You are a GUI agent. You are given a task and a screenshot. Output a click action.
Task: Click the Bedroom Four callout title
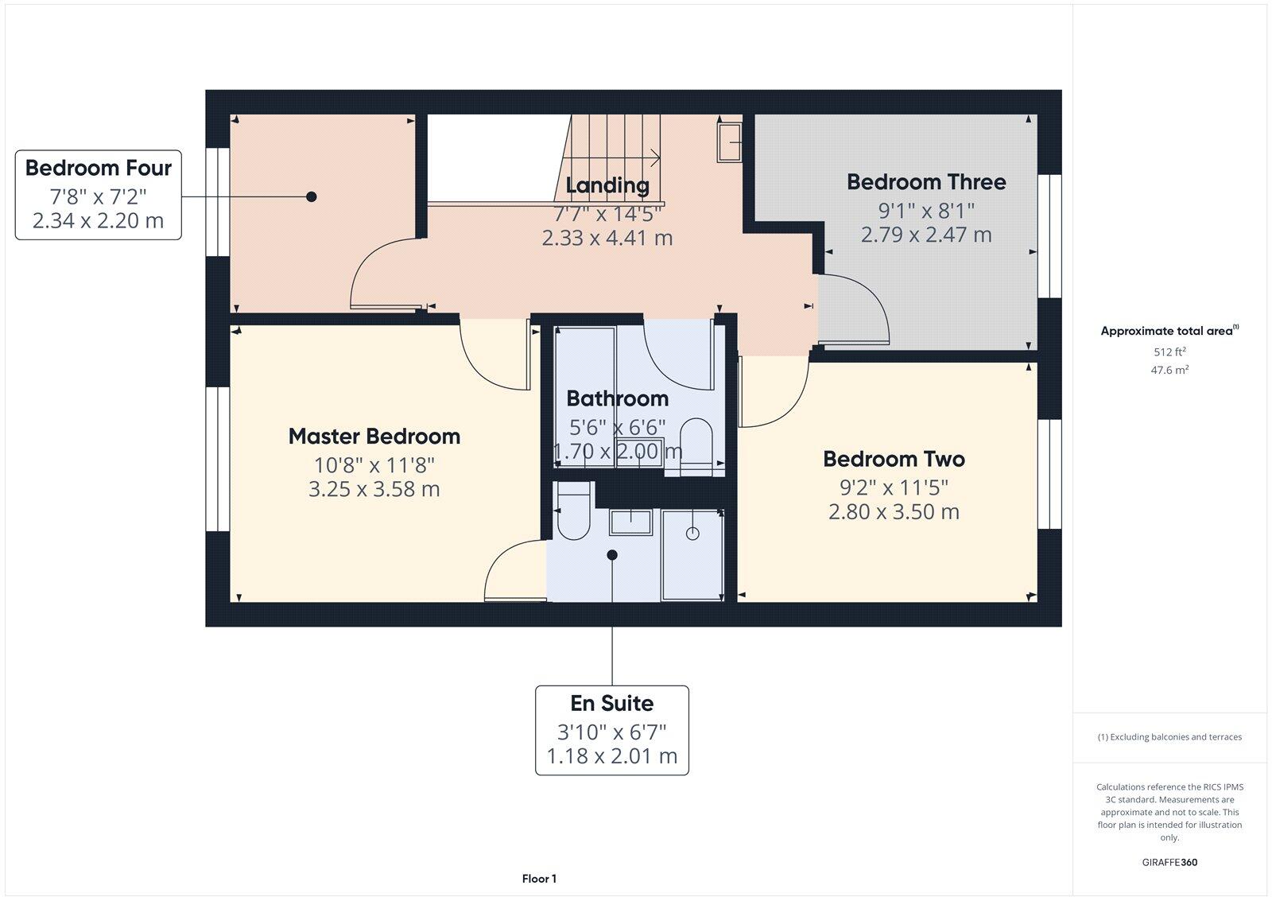tap(99, 169)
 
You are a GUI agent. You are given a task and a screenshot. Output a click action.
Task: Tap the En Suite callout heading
tap(612, 704)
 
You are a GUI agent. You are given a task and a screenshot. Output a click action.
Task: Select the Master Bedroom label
tap(374, 437)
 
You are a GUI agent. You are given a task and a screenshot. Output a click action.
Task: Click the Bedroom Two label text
tap(894, 460)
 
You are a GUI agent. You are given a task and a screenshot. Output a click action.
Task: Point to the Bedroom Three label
tap(926, 182)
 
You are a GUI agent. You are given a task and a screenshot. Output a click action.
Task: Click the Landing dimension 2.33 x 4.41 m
tap(607, 238)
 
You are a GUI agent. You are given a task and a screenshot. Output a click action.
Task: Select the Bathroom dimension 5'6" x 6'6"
tap(618, 427)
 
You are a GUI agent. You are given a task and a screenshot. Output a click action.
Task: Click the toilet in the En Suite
tap(572, 515)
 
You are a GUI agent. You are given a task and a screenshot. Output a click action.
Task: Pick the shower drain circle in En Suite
tap(692, 534)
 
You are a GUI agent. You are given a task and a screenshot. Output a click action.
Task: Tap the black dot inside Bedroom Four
tap(312, 196)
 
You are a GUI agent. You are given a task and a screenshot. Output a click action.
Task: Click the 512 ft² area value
tap(1169, 351)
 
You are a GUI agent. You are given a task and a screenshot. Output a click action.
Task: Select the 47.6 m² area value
tap(1169, 370)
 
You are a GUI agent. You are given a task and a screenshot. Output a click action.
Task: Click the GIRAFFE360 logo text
tap(1169, 862)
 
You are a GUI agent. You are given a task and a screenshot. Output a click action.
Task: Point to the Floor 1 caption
tap(539, 879)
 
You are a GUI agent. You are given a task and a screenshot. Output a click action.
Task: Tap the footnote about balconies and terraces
tap(1169, 737)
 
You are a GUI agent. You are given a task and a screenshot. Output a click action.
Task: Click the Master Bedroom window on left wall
tap(213, 459)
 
